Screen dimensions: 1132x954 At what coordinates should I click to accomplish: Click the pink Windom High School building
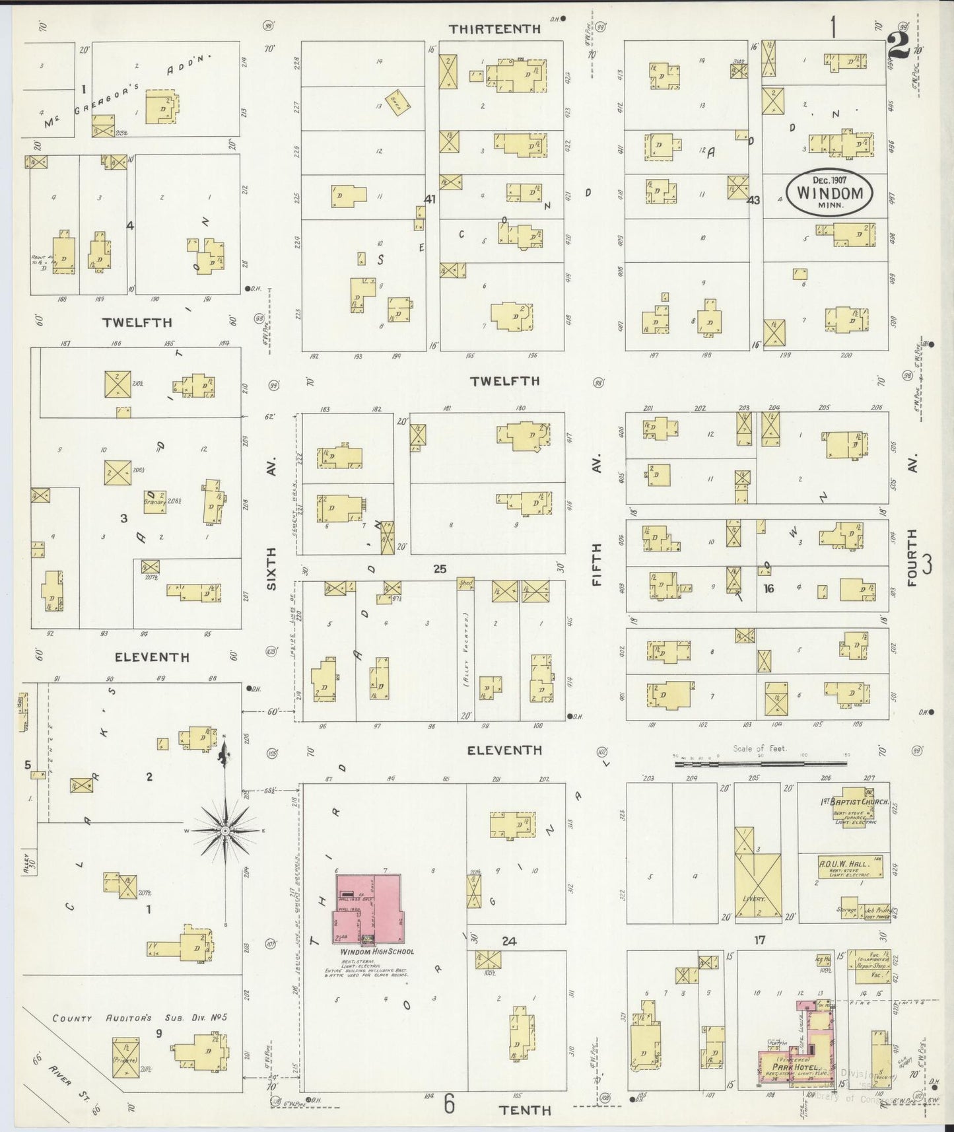(x=368, y=908)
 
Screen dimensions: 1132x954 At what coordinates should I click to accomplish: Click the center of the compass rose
(x=225, y=830)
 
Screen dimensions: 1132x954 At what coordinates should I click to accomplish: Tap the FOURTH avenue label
(x=912, y=557)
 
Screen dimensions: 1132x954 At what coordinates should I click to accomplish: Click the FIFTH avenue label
(x=597, y=565)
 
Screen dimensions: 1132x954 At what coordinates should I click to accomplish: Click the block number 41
(x=430, y=198)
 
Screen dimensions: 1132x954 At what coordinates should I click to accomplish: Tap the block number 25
(x=440, y=568)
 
